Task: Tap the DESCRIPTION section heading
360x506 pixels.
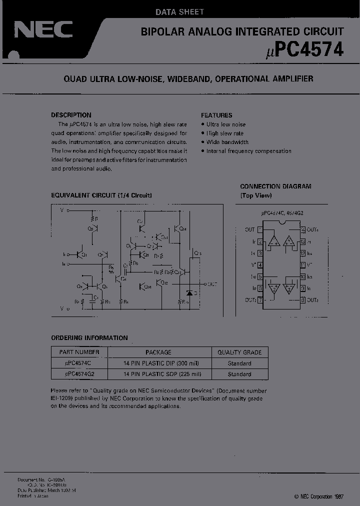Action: [x=71, y=115]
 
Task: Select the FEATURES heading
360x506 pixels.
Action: [x=216, y=115]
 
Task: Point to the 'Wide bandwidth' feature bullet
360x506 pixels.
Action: [x=227, y=142]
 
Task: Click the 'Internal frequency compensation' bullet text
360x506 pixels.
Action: [x=248, y=151]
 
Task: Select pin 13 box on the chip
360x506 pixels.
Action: [x=303, y=240]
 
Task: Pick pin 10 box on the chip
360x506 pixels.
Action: [x=303, y=276]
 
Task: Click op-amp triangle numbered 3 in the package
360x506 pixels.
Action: [x=288, y=288]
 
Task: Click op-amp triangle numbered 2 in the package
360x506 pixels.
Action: [x=273, y=288]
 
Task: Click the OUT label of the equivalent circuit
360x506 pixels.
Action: [x=212, y=284]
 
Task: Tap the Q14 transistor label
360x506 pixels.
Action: [x=182, y=229]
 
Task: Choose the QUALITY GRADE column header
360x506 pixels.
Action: [x=239, y=352]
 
